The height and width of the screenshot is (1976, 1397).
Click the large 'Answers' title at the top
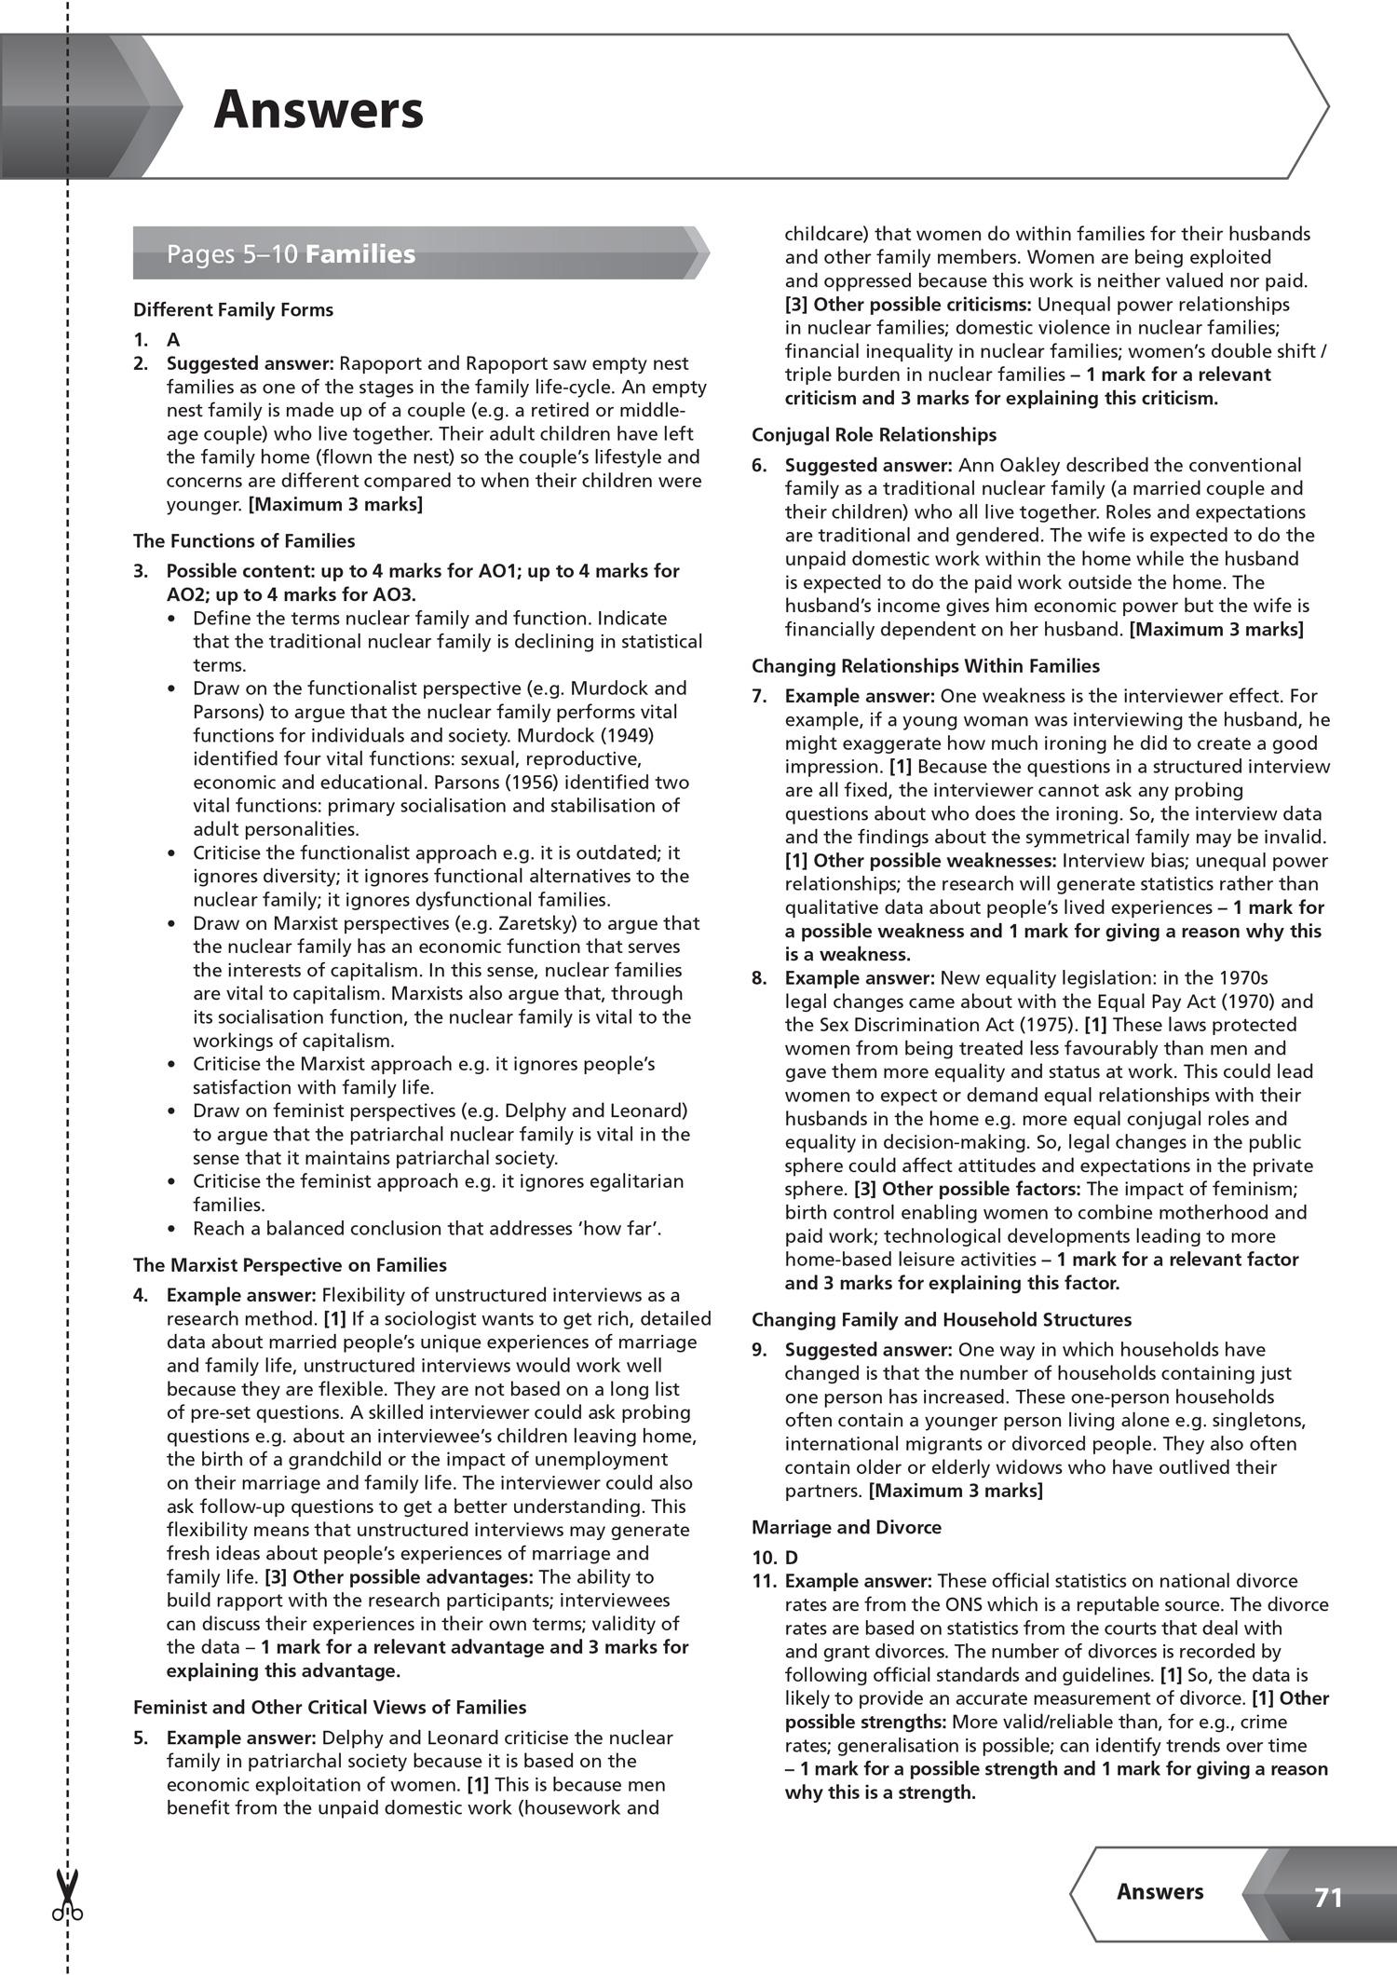319,110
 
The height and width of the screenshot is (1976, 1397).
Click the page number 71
1328,1898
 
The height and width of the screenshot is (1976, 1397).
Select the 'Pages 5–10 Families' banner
291,254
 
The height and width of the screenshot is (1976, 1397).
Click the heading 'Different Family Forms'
233,310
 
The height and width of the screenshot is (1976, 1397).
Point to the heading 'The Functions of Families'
244,541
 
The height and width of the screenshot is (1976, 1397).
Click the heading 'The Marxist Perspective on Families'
290,1265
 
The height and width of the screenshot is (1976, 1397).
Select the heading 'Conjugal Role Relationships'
874,435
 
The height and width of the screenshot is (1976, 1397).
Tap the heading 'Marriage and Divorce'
847,1527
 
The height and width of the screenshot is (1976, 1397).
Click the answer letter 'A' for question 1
173,340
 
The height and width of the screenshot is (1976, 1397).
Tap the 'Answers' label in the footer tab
1160,1891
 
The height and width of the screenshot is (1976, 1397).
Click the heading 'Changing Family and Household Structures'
942,1320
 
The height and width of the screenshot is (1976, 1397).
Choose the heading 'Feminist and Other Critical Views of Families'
330,1708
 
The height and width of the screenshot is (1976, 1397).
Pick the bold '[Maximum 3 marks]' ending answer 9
956,1491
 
